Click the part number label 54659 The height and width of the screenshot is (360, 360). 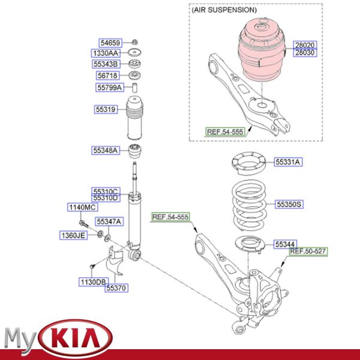(110, 43)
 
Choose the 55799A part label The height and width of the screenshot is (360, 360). (110, 88)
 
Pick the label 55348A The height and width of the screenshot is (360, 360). (106, 149)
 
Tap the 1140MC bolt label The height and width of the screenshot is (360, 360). (82, 207)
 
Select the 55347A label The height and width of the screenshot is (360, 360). (110, 221)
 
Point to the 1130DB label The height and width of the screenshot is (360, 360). (93, 281)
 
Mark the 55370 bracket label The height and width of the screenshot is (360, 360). (116, 289)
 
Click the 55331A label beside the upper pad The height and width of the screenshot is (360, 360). (289, 162)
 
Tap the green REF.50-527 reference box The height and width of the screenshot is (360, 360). (308, 251)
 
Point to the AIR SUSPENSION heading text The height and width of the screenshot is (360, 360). (224, 10)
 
